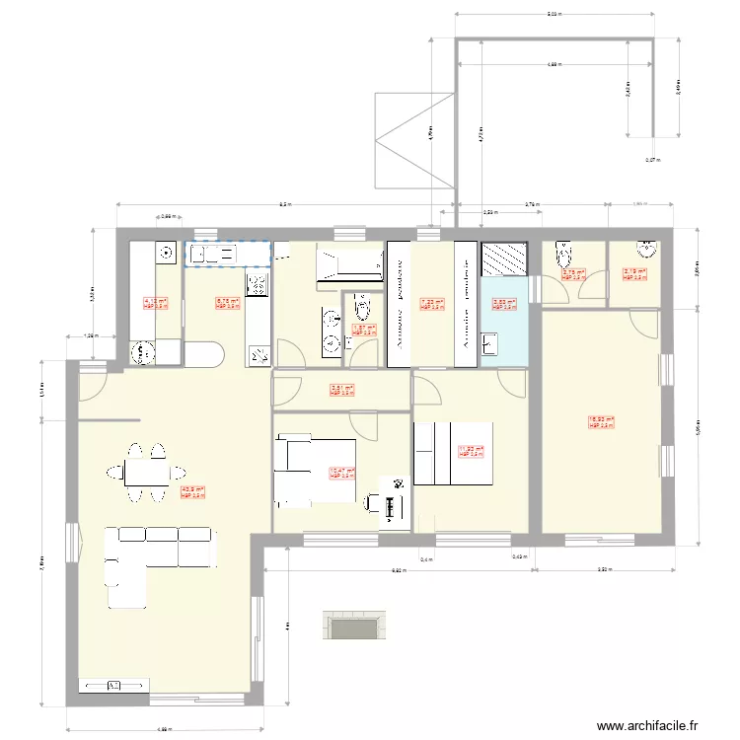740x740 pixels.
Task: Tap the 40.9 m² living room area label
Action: pyautogui.click(x=192, y=491)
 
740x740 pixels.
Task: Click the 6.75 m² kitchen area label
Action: pyautogui.click(x=227, y=304)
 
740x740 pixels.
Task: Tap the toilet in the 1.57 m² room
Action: pyautogui.click(x=357, y=303)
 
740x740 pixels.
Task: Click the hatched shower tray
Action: pyautogui.click(x=504, y=259)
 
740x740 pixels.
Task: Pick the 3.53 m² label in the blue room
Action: pyautogui.click(x=503, y=305)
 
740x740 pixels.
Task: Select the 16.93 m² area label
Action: pyautogui.click(x=601, y=422)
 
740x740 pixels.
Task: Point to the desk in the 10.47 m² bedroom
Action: pyautogui.click(x=392, y=506)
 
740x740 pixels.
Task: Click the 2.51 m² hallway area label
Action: pyautogui.click(x=341, y=390)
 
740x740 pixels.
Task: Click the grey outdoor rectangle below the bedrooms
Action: pyautogui.click(x=353, y=626)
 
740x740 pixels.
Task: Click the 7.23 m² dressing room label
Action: pyautogui.click(x=432, y=304)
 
